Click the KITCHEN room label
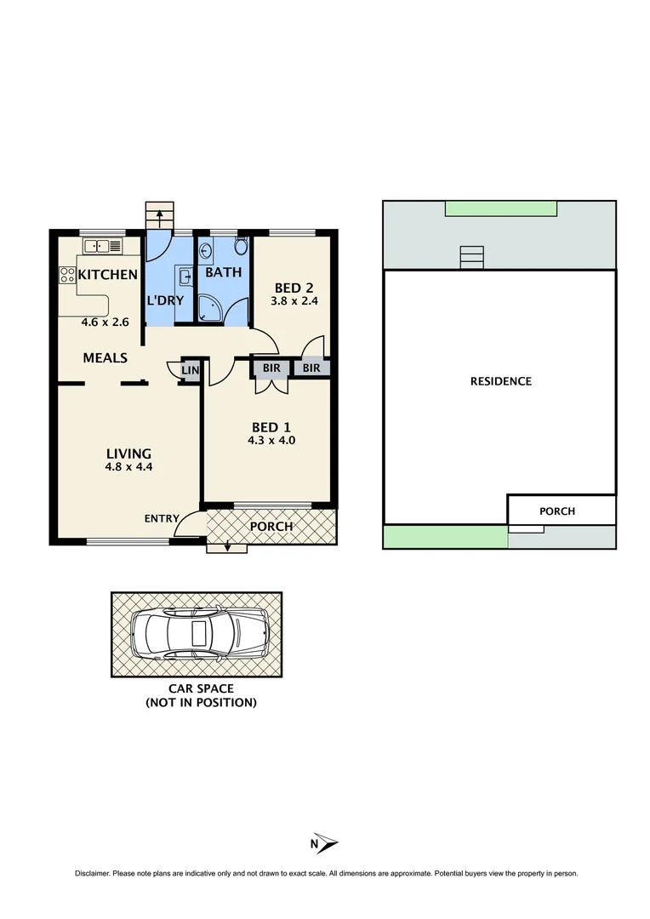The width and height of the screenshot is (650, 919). pyautogui.click(x=108, y=274)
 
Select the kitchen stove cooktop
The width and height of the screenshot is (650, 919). pyautogui.click(x=66, y=275)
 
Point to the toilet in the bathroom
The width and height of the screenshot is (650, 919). pyautogui.click(x=240, y=248)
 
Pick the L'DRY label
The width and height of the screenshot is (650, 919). pyautogui.click(x=165, y=300)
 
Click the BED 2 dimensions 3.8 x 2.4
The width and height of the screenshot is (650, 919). pyautogui.click(x=294, y=300)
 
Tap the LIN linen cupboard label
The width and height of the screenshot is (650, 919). pyautogui.click(x=191, y=370)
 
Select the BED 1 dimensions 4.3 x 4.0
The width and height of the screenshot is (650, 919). pyautogui.click(x=273, y=441)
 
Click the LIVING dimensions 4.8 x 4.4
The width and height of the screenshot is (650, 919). pyautogui.click(x=128, y=466)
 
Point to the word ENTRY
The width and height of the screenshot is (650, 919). pyautogui.click(x=162, y=518)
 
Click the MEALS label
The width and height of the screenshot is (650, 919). pyautogui.click(x=105, y=357)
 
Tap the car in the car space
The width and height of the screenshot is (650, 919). pyautogui.click(x=201, y=634)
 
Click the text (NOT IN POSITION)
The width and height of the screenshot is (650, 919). pyautogui.click(x=201, y=703)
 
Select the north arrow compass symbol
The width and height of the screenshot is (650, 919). pyautogui.click(x=324, y=843)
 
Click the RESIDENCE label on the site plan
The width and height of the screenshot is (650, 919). pyautogui.click(x=500, y=381)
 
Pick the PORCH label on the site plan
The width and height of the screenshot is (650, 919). pyautogui.click(x=557, y=511)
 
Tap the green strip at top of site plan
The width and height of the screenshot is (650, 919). pyautogui.click(x=501, y=208)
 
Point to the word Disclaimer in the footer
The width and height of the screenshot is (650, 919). pyautogui.click(x=93, y=874)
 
